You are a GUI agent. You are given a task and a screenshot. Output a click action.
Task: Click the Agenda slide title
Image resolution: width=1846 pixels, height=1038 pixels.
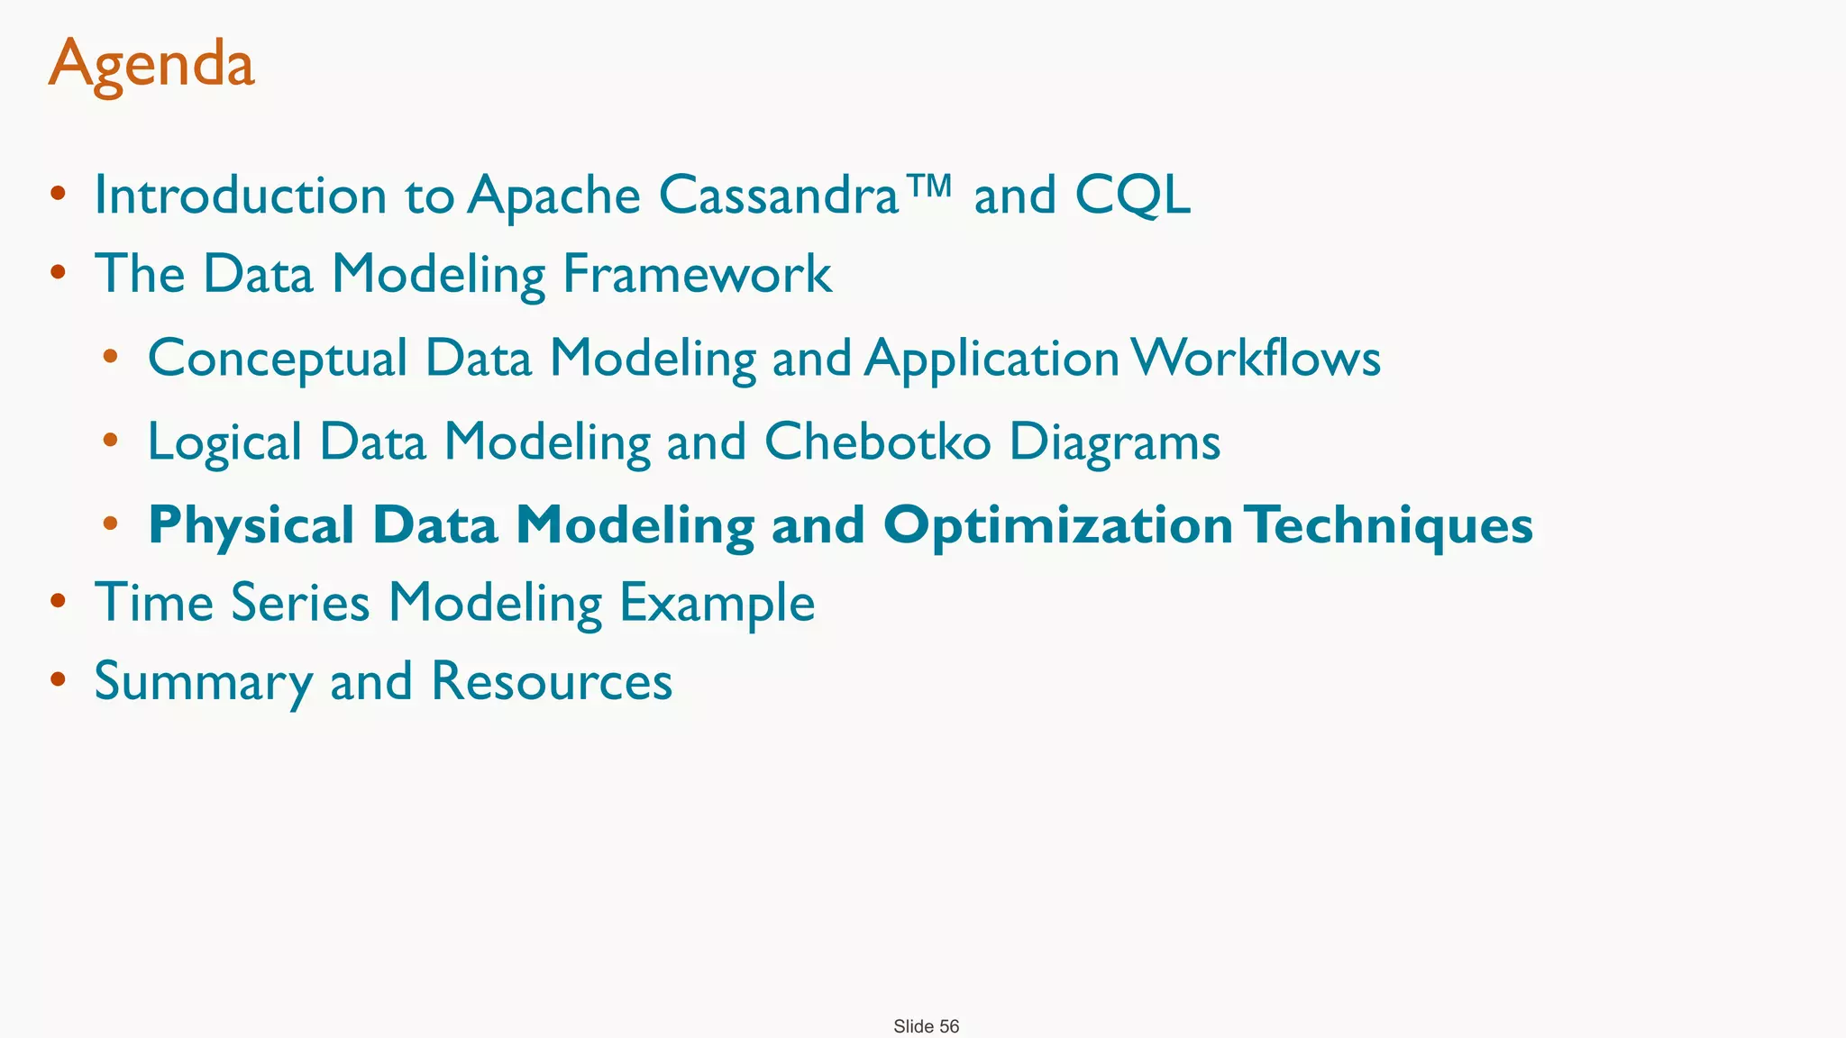point(151,65)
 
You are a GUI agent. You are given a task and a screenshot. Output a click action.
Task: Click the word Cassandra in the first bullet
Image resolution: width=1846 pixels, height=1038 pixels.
point(779,195)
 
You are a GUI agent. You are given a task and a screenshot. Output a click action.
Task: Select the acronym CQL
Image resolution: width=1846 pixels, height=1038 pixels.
point(1133,195)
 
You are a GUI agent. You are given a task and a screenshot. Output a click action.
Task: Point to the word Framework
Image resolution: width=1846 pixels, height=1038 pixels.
point(697,274)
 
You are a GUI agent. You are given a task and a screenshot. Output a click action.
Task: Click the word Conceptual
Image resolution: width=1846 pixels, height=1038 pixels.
point(278,359)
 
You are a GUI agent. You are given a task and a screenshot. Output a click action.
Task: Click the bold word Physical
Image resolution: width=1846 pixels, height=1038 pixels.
point(251,526)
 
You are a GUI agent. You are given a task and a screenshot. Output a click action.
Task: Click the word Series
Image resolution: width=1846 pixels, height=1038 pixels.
point(300,602)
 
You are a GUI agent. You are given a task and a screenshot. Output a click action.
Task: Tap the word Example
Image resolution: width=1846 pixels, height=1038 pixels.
point(717,604)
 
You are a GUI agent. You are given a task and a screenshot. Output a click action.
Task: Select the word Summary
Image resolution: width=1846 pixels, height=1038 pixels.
point(203,682)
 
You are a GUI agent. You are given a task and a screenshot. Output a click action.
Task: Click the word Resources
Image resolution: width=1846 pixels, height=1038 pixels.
point(552,681)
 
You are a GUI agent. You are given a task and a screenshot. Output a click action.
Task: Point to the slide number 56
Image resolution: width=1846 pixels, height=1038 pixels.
point(949,1026)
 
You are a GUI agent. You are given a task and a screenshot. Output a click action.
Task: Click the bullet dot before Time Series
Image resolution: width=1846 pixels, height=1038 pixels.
point(58,601)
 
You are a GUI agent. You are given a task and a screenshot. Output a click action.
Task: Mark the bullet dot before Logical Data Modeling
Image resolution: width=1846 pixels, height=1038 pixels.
point(111,441)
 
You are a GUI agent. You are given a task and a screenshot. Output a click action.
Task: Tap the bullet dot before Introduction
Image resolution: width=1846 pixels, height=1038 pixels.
point(58,193)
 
